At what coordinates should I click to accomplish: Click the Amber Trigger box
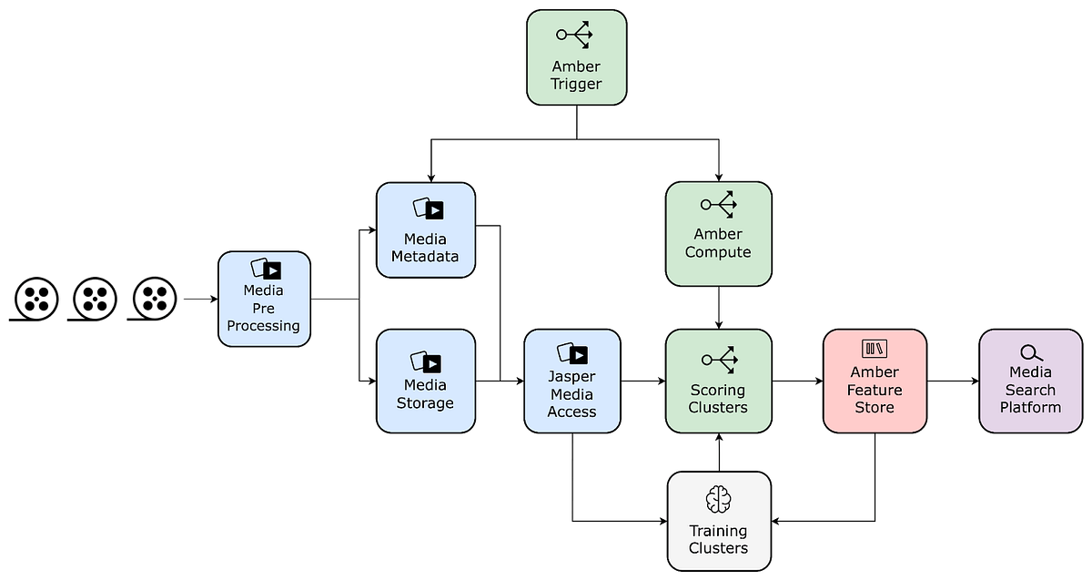point(576,57)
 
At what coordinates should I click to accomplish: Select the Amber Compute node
point(719,234)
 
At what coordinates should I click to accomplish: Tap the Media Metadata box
point(426,230)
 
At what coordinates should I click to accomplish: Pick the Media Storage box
point(426,381)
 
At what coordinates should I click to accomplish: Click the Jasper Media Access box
point(572,381)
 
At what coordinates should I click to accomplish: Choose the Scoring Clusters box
point(719,381)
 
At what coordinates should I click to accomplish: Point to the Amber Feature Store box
point(875,381)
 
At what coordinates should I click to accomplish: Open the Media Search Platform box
point(1030,381)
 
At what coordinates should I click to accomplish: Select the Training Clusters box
point(719,521)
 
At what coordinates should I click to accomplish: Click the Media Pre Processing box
point(264,299)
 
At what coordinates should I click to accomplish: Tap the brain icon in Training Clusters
point(719,499)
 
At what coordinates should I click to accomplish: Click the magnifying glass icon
point(1031,352)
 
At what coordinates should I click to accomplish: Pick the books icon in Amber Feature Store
point(875,349)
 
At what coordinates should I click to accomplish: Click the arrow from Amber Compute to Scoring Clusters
point(719,308)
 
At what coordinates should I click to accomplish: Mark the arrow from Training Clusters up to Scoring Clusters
point(719,453)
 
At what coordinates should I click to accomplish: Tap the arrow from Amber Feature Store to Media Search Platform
point(953,381)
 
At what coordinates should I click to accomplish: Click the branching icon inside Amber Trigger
point(575,35)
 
